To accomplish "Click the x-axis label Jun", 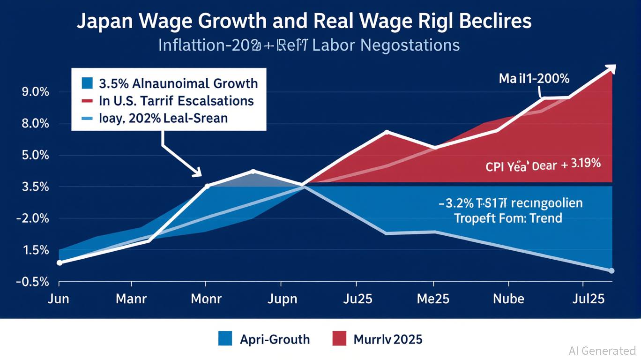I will (59, 299).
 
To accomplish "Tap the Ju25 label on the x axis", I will (357, 299).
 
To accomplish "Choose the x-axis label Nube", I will (508, 299).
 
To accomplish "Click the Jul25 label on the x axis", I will (588, 299).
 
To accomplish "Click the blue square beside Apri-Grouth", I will (225, 338).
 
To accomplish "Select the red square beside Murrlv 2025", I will (339, 338).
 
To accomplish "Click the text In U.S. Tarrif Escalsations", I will (176, 101).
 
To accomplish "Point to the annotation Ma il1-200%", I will (534, 78).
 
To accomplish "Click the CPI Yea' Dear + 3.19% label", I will (543, 165).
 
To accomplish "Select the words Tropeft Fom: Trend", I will (508, 218).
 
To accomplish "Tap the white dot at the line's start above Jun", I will (60, 262).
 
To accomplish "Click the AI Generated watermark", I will (602, 351).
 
